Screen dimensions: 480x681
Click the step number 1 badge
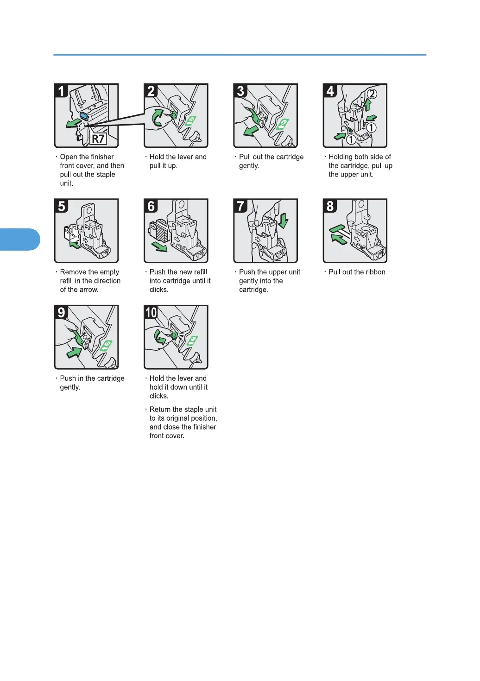pos(61,91)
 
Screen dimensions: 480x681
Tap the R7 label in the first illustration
pos(98,139)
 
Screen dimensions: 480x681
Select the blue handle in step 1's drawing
pos(84,116)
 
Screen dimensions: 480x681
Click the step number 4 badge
pos(330,91)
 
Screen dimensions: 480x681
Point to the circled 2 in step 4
pos(372,94)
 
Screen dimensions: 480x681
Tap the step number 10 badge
pos(151,312)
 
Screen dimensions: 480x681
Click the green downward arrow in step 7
pos(284,221)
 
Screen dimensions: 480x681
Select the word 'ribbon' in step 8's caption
pos(376,272)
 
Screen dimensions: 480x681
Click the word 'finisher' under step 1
pos(100,157)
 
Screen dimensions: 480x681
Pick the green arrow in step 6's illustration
pos(160,246)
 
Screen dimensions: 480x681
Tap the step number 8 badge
pos(330,206)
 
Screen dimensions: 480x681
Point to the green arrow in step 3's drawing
pos(251,130)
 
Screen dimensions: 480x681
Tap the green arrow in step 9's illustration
pos(74,352)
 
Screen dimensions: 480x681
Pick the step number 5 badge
pos(61,206)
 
